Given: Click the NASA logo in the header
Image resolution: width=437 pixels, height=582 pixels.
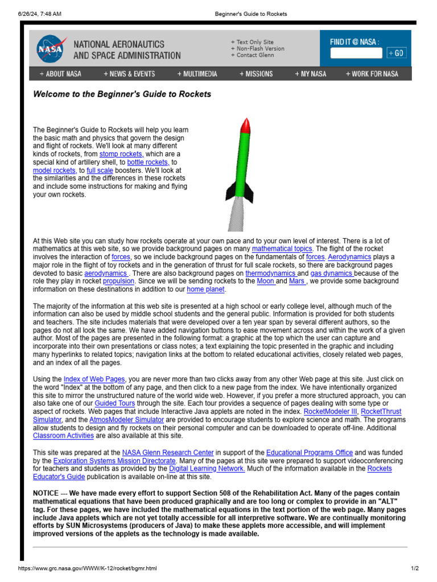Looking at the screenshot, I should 51,48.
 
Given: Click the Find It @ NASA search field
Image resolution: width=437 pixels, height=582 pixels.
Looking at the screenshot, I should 356,53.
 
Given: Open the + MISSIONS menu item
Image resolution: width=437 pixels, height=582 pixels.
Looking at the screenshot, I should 256,74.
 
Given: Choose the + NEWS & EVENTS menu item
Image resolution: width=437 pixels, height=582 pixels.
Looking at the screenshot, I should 129,74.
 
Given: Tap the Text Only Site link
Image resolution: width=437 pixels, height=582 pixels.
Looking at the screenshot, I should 254,42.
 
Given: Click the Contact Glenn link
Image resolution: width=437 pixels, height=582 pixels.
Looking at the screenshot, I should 254,55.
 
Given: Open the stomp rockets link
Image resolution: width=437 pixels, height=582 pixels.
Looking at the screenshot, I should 121,154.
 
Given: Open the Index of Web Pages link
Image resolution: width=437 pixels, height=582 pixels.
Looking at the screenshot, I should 94,379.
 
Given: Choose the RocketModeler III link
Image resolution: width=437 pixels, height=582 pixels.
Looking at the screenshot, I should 331,411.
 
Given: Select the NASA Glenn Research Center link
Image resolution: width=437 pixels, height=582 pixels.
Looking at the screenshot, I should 168,452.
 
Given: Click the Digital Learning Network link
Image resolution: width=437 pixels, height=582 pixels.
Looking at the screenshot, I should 207,469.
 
